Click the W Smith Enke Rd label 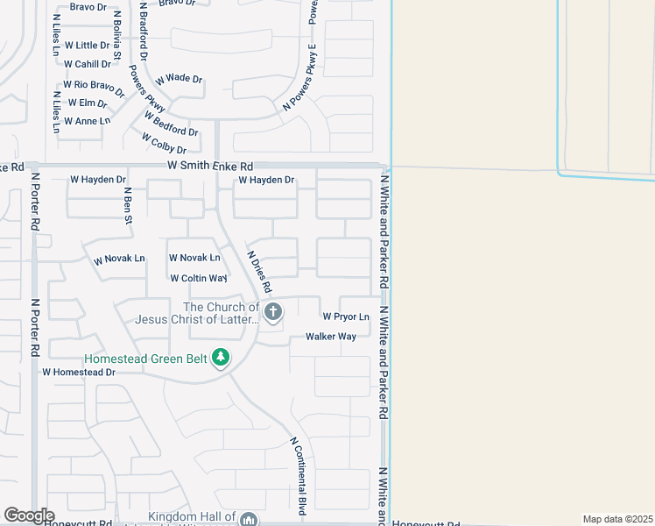(211, 166)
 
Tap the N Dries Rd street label (260, 274)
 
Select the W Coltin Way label (199, 278)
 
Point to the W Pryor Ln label (346, 316)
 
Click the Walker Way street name (331, 337)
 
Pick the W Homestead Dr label (79, 372)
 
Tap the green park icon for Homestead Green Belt (222, 357)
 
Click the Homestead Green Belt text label (146, 358)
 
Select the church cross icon (273, 311)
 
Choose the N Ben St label (128, 206)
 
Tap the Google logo (29, 515)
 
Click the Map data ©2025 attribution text (617, 519)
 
